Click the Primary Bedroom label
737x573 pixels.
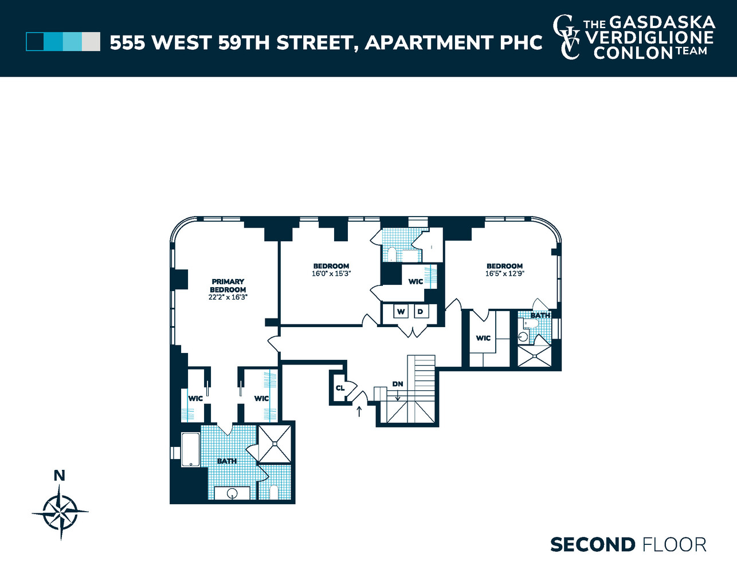(228, 285)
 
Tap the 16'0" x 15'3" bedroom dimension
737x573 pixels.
(331, 274)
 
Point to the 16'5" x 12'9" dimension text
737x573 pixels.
(504, 274)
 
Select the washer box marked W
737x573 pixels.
(401, 312)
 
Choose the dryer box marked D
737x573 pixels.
(420, 312)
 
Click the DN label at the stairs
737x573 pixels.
(398, 384)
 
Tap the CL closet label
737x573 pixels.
(340, 388)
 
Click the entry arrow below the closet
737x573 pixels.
(359, 411)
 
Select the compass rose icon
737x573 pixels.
(60, 512)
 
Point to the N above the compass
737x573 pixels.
(59, 475)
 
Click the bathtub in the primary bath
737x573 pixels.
(190, 450)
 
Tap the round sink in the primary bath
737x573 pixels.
(232, 493)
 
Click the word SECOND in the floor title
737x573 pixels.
(593, 544)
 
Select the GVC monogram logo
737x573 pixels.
(566, 37)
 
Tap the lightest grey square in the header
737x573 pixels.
(91, 42)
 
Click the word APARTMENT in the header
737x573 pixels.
(429, 42)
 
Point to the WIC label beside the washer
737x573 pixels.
(415, 281)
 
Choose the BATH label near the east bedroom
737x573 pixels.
(540, 315)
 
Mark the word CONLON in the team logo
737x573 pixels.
(633, 53)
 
